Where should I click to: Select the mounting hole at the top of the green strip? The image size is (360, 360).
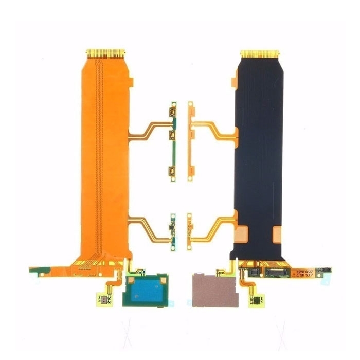coord(174,104)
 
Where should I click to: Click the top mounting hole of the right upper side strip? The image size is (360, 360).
coord(189,104)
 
